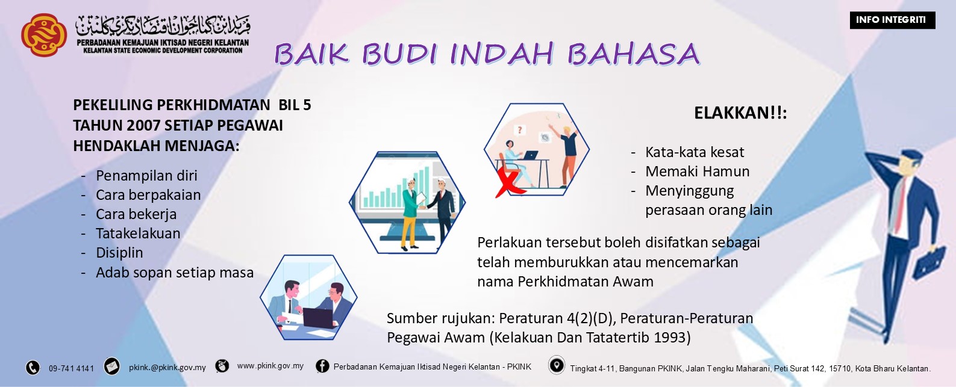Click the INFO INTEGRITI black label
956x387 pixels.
coord(891,20)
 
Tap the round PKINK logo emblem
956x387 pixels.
coord(43,35)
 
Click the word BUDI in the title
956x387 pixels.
coord(400,54)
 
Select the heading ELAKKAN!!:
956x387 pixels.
coord(740,113)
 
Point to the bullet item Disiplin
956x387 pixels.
coord(119,253)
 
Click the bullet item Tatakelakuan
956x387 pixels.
coord(138,234)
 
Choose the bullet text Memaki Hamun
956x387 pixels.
coord(697,172)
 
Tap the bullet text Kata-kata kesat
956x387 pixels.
coord(694,152)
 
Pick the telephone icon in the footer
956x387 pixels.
coord(33,368)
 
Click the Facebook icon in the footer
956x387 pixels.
coord(322,366)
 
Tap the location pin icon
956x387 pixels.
coord(556,365)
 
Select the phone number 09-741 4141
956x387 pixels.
coord(71,368)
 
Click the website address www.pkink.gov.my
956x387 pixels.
coord(270,366)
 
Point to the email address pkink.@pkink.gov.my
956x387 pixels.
coord(167,367)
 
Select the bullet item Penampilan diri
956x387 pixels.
coord(146,176)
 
